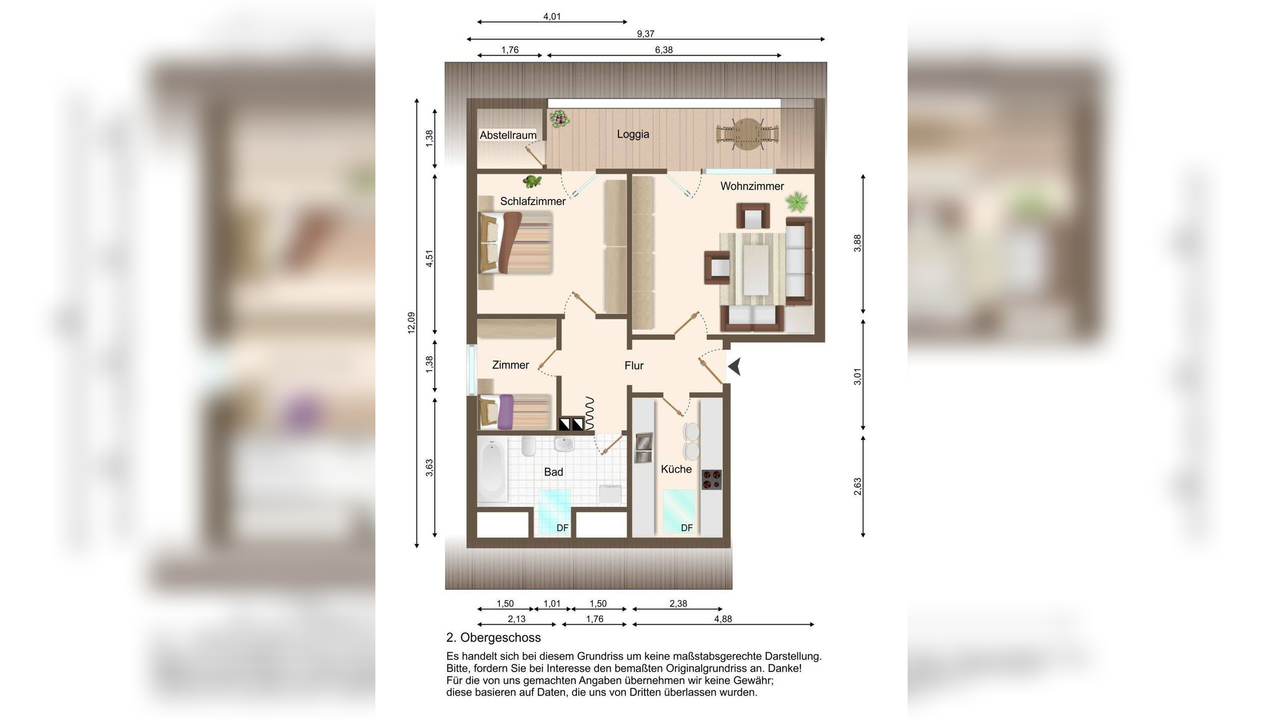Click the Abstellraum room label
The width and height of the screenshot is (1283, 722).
(508, 135)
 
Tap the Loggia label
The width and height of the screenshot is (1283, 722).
(633, 134)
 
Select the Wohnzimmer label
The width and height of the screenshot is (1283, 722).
(752, 186)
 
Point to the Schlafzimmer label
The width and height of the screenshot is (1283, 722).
(533, 201)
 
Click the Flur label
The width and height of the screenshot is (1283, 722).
(634, 366)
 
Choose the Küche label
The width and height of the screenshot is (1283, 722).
(676, 469)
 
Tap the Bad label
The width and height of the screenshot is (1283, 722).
(553, 472)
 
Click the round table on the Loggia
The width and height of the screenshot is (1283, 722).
(747, 134)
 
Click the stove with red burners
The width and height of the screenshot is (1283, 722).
(711, 479)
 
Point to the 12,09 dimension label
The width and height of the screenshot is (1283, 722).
(411, 323)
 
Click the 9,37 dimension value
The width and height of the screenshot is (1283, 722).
(646, 34)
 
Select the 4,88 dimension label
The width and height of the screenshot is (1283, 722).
(723, 619)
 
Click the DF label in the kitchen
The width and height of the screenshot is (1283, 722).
(687, 528)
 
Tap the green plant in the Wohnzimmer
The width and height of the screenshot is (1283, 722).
(796, 202)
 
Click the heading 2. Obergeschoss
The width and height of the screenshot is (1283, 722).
(493, 638)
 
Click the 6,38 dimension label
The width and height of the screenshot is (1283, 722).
(664, 50)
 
